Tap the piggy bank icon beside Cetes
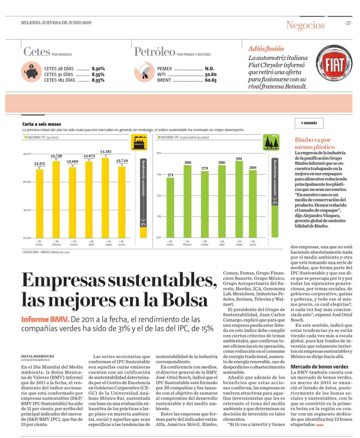click(31, 72)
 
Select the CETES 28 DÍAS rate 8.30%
click(98, 69)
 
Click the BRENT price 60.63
click(210, 80)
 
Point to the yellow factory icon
click(139, 142)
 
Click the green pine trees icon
click(271, 142)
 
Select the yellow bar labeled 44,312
click(105, 198)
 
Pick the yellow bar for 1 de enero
click(40, 203)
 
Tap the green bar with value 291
click(239, 199)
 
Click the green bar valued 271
click(170, 208)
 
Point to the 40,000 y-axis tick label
click(27, 182)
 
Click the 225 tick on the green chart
click(159, 216)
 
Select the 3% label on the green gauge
click(275, 202)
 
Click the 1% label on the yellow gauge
click(143, 224)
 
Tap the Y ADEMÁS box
click(309, 123)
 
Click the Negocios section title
click(305, 25)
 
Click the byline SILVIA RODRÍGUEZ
click(37, 356)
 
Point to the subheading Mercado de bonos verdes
click(319, 367)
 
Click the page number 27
click(348, 23)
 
